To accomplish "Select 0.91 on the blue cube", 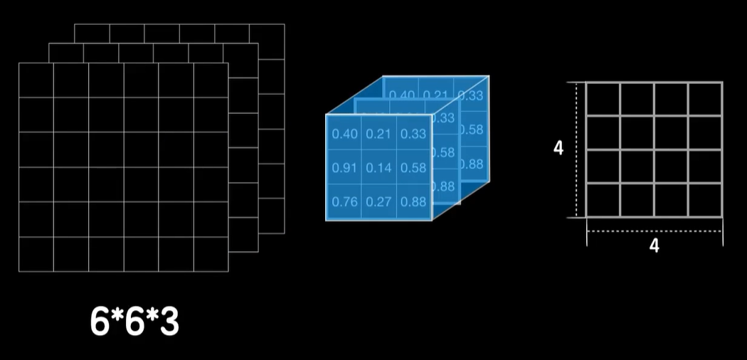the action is [344, 168].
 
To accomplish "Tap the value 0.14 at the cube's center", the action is [379, 168].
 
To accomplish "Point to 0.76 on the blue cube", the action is [344, 201].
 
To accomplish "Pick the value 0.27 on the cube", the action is [379, 201].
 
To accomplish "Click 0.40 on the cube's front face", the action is [344, 134].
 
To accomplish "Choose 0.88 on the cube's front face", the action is [413, 201].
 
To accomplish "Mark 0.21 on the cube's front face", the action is [379, 134].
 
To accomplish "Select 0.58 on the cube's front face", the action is [413, 168].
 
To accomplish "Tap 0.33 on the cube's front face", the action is [413, 134].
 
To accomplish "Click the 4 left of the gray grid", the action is [558, 149].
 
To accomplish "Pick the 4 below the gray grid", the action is [655, 246].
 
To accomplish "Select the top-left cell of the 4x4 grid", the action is [603, 99].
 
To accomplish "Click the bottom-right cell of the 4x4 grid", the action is [705, 200].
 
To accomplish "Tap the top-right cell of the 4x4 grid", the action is [705, 99].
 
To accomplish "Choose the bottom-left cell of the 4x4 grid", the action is [603, 200].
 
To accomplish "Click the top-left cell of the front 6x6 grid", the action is [36, 80].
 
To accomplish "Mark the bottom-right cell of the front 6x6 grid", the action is [211, 254].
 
